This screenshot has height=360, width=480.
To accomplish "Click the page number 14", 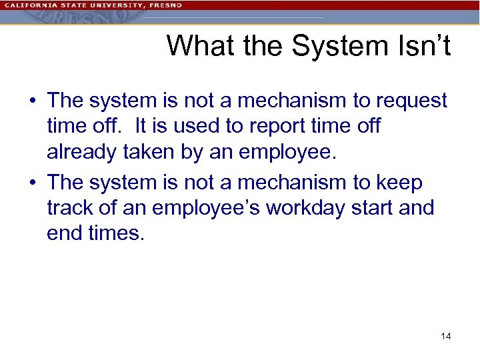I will (x=445, y=336).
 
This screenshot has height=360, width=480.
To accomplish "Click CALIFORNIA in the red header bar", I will (x=31, y=5).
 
